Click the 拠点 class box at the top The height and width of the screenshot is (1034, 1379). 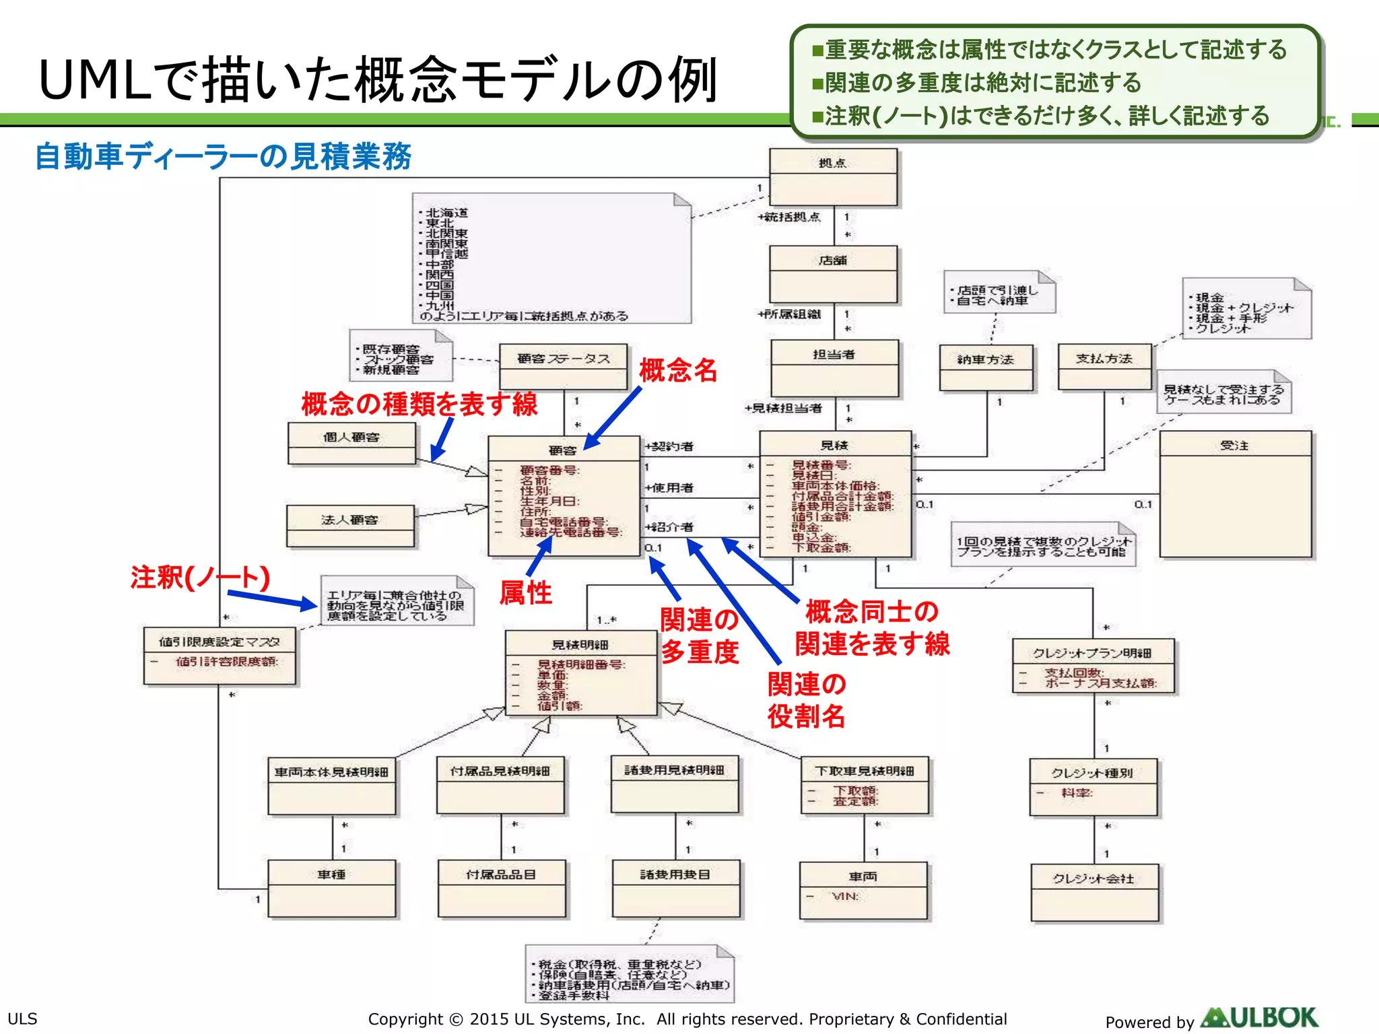pos(833,177)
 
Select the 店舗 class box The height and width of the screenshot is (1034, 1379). pos(833,274)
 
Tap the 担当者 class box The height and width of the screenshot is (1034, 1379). pos(834,368)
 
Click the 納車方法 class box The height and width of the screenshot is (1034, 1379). pos(986,368)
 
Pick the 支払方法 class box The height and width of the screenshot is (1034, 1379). pos(1104,367)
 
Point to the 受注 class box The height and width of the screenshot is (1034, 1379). pos(1235,494)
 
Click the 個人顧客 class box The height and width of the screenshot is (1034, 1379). pos(351,444)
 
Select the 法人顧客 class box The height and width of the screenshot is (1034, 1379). pos(350,526)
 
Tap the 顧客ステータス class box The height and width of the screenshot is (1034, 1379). pos(563,366)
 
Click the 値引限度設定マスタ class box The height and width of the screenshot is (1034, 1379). pos(220,656)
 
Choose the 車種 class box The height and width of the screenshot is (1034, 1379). pos(332,888)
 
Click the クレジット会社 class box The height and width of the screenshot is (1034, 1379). pos(1094,892)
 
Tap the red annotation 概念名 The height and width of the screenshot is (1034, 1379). pos(677,370)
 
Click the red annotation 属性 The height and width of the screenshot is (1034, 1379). pos(525,593)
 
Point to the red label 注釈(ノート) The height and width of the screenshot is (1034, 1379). pos(200,578)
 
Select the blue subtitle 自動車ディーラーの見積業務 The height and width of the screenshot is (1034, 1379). pos(223,156)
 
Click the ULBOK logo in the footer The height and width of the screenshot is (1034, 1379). pos(1258,1017)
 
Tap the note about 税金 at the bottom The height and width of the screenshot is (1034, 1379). pos(629,975)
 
